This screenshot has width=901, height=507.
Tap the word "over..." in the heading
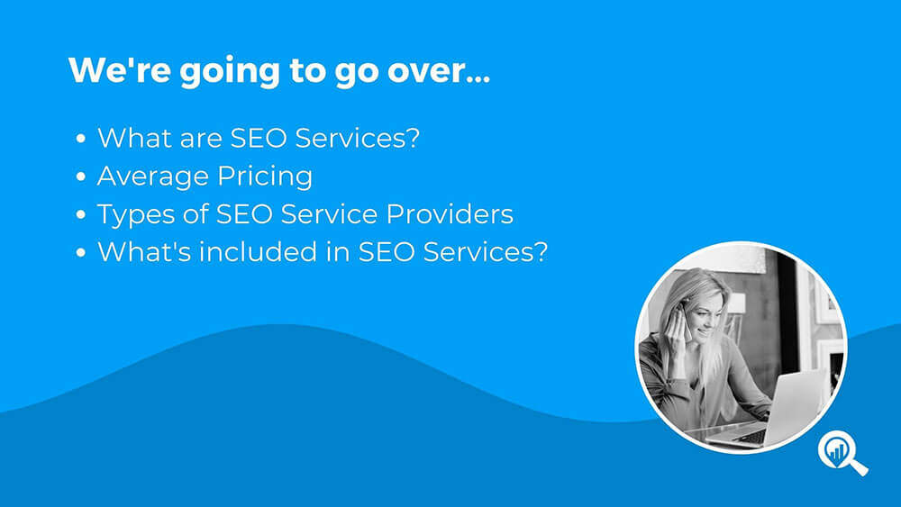439,70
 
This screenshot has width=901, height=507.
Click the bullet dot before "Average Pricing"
80,177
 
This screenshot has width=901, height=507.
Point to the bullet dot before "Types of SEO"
80,214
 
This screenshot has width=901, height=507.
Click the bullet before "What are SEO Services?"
80,139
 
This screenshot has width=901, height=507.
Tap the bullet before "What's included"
80,253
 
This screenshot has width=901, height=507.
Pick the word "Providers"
450,214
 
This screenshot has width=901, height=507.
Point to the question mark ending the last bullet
540,252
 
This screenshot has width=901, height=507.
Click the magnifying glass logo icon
842,452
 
